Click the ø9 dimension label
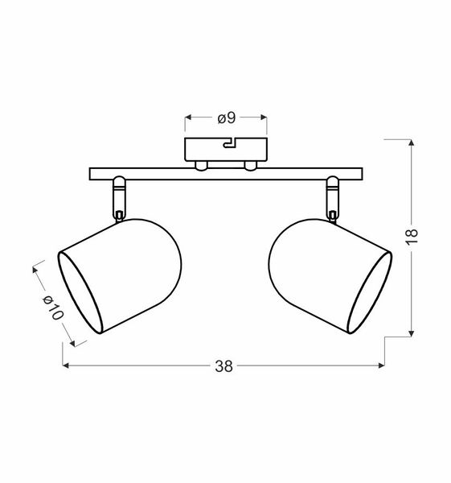pyautogui.click(x=226, y=118)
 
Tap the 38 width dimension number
pyautogui.click(x=224, y=366)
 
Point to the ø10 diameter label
pyautogui.click(x=51, y=303)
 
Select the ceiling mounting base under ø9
pyautogui.click(x=226, y=151)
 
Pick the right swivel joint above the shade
pyautogui.click(x=331, y=198)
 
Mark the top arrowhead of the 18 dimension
pyautogui.click(x=412, y=143)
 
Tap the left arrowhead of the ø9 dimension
pyautogui.click(x=188, y=118)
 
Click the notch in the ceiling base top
pyautogui.click(x=228, y=145)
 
